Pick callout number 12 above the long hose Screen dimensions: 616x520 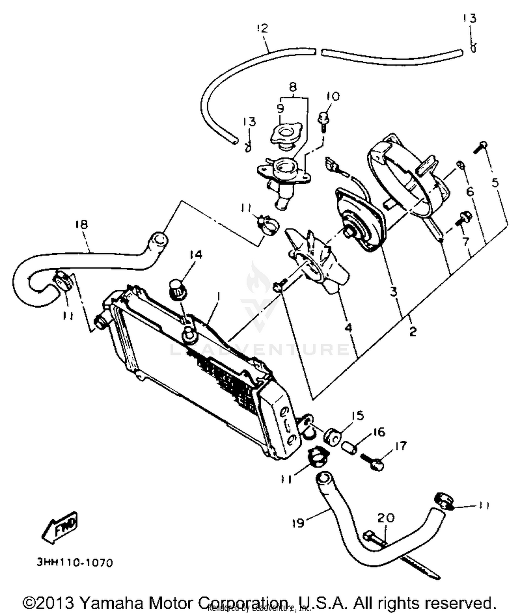(x=263, y=28)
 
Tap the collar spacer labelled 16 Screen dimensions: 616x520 (x=349, y=449)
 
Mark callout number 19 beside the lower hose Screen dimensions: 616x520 (x=298, y=523)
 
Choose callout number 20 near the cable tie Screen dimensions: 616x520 (x=385, y=518)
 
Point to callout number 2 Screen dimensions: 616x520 (x=412, y=332)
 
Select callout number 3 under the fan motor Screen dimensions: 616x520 (x=393, y=292)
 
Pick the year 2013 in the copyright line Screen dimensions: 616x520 (x=56, y=603)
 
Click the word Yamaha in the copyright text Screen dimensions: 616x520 (x=111, y=603)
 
